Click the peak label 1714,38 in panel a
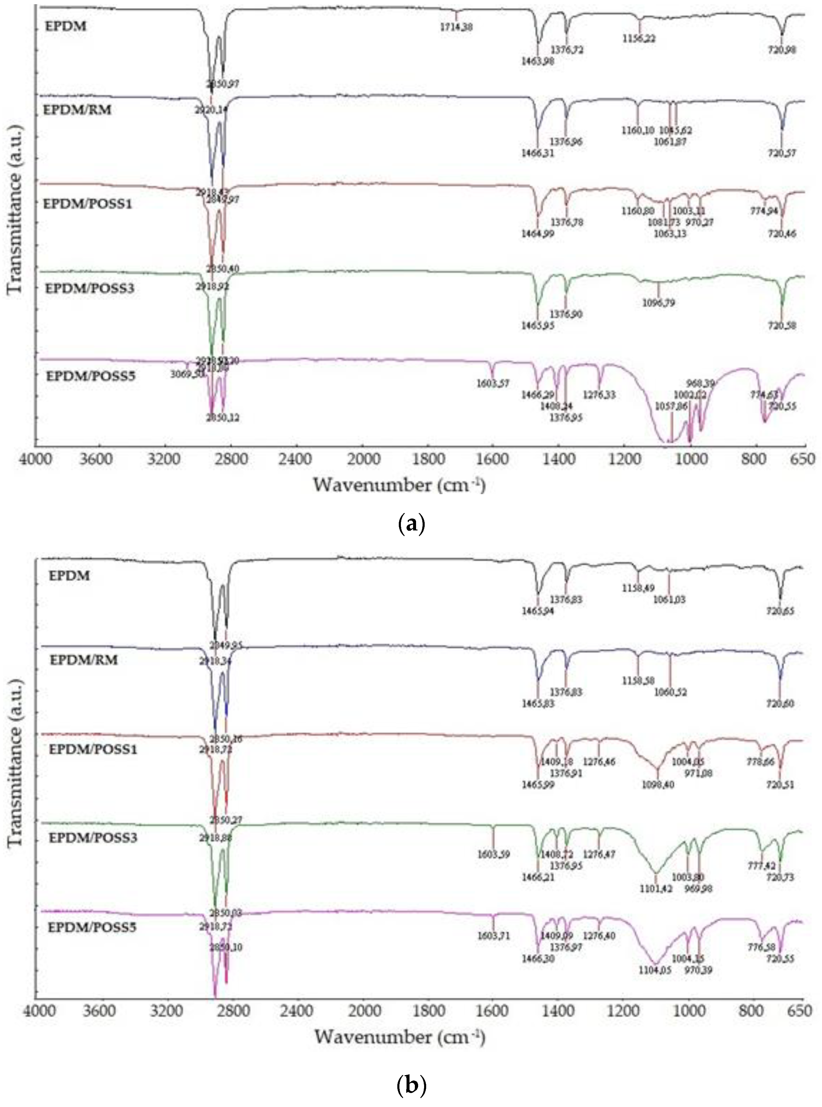[456, 27]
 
